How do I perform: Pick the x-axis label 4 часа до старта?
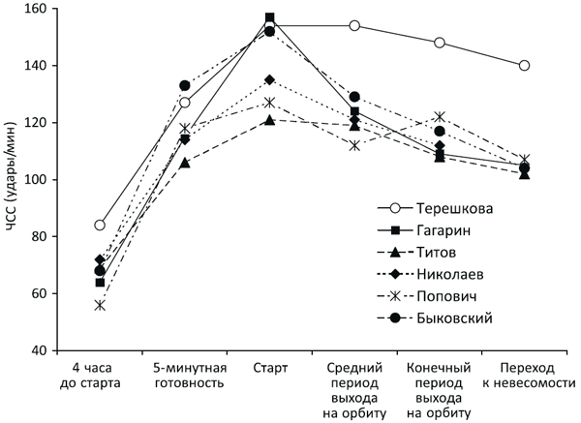(99, 377)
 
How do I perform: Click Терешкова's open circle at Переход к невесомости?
(525, 66)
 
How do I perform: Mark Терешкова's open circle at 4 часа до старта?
(100, 226)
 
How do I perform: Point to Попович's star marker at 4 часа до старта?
(100, 305)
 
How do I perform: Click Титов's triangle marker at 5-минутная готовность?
(185, 163)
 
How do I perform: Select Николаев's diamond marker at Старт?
(269, 79)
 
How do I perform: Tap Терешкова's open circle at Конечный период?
(440, 43)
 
